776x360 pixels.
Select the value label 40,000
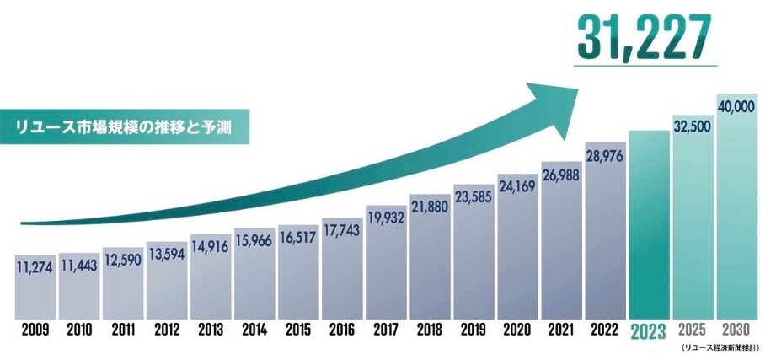point(737,107)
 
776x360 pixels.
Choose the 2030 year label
point(737,329)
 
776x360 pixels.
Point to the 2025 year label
point(693,329)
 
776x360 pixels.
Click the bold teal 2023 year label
point(649,331)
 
